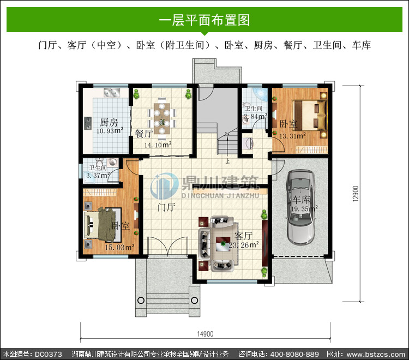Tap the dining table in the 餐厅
[x=162, y=119]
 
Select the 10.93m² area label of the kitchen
[x=110, y=130]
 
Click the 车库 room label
[x=301, y=200]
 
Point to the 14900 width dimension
[x=205, y=334]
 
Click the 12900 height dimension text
[x=356, y=194]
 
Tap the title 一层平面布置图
[x=204, y=20]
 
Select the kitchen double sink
[x=112, y=92]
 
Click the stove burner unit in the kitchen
[x=88, y=123]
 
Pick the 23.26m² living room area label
[x=244, y=245]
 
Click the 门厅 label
[x=167, y=207]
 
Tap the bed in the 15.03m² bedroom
[x=100, y=223]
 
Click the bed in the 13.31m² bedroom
[x=310, y=115]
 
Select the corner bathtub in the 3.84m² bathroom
[x=259, y=94]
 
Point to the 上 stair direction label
[x=228, y=161]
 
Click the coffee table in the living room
[x=223, y=244]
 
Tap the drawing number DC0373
[x=49, y=354]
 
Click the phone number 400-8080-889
[x=294, y=354]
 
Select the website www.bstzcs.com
[x=376, y=354]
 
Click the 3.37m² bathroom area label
[x=98, y=175]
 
